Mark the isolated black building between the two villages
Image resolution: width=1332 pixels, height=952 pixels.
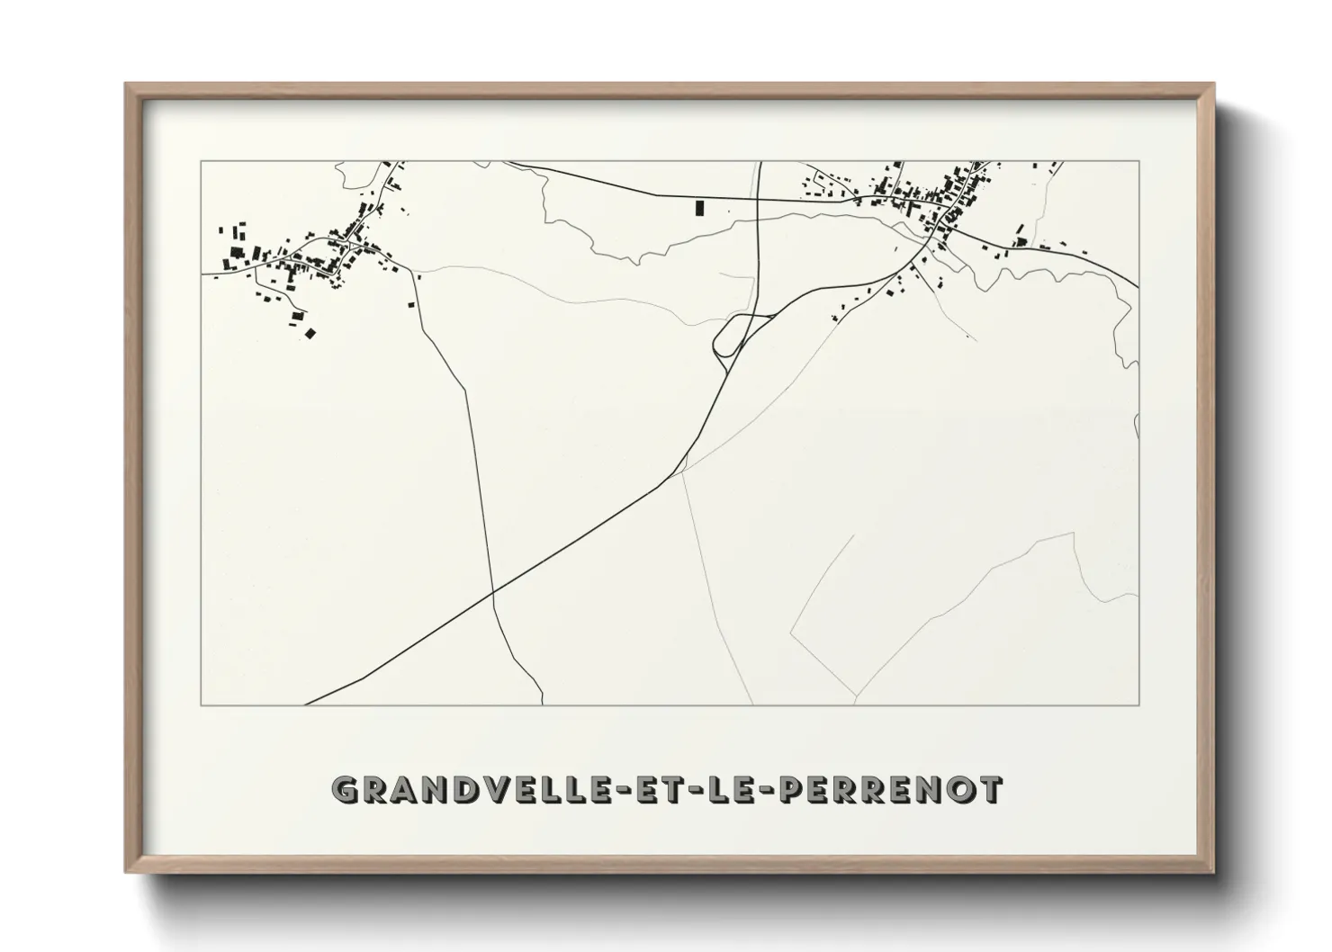(x=699, y=208)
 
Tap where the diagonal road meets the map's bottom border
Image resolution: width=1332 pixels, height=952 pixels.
(x=306, y=704)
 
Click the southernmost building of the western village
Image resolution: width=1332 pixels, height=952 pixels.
(x=310, y=334)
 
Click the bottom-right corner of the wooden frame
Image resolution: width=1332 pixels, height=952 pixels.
(x=1213, y=872)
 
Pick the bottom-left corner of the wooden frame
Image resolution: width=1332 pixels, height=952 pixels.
(x=126, y=872)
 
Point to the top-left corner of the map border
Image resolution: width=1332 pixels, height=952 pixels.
(x=201, y=161)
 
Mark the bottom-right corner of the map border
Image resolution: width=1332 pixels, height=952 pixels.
(x=1139, y=705)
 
